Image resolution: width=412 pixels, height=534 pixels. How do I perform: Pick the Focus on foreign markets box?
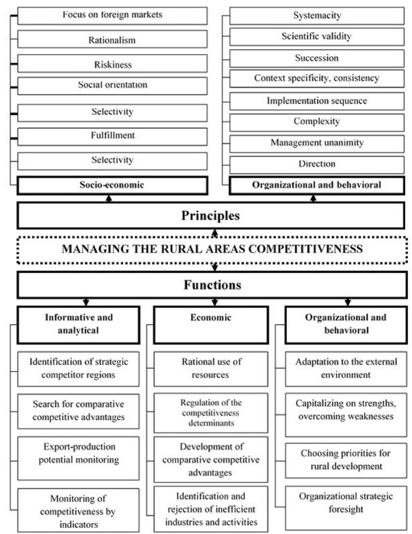pyautogui.click(x=112, y=15)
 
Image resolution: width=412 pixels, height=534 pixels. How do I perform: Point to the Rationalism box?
pyautogui.click(x=112, y=40)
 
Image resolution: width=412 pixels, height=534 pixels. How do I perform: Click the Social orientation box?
pyautogui.click(x=112, y=85)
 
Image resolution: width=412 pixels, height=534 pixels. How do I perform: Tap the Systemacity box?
pyautogui.click(x=317, y=15)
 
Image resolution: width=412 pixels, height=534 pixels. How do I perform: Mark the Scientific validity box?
pyautogui.click(x=317, y=37)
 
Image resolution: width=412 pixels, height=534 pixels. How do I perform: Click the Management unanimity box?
pyautogui.click(x=317, y=142)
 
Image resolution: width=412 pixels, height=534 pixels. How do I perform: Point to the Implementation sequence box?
pyautogui.click(x=317, y=100)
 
